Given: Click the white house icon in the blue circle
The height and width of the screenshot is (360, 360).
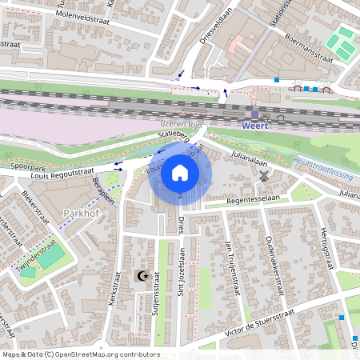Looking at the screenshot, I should tap(180, 172).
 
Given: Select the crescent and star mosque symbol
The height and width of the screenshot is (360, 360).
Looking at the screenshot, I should tap(143, 277).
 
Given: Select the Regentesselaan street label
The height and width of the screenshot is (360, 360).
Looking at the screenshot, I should tap(251, 197).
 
